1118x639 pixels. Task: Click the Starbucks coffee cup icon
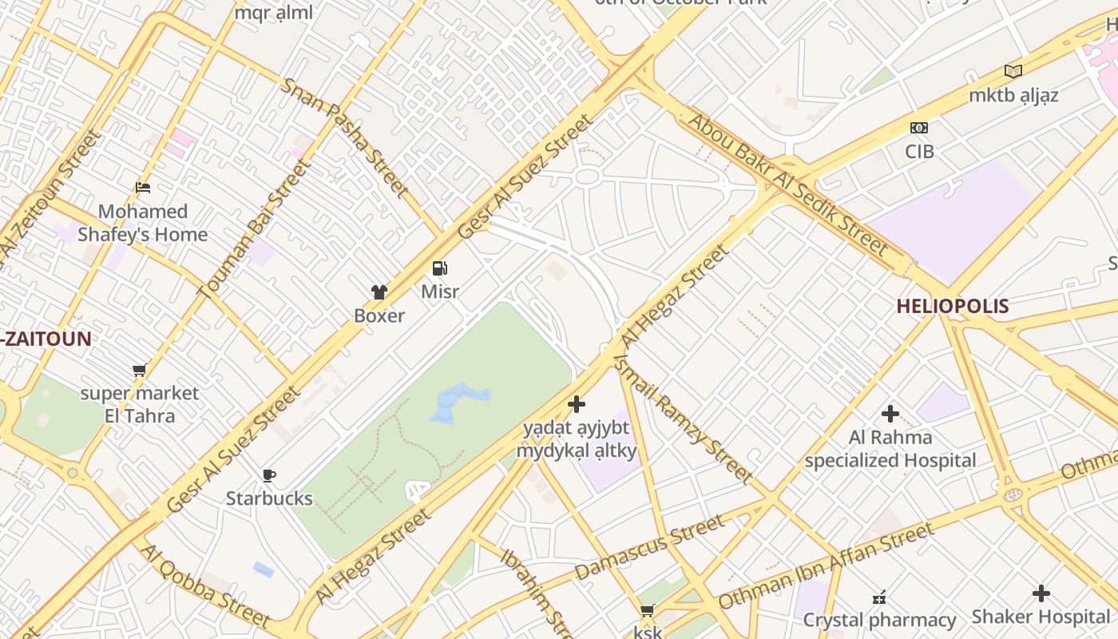[269, 476]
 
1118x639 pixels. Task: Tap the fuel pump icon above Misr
[439, 268]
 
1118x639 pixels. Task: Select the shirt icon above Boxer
[379, 292]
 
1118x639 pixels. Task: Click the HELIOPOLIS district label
[952, 306]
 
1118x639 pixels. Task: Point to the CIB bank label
[919, 151]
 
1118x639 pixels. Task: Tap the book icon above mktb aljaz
[1013, 72]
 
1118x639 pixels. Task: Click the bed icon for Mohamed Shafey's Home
[143, 188]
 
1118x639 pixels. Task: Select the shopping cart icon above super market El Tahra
[140, 370]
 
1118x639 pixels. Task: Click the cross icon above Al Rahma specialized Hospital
[890, 414]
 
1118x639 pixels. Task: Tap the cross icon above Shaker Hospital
[1041, 593]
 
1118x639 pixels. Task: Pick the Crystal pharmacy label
[879, 620]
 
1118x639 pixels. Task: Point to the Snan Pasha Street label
[344, 137]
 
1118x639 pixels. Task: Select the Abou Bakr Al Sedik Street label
[788, 185]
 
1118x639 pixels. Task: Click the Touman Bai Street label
[253, 229]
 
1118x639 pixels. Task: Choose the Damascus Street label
[649, 548]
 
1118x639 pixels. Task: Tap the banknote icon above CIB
[919, 128]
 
